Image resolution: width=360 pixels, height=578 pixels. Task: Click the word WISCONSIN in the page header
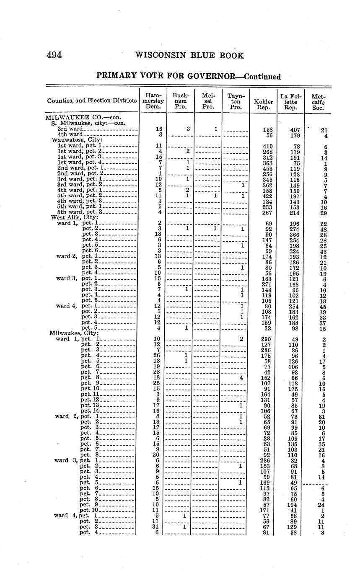click(x=161, y=55)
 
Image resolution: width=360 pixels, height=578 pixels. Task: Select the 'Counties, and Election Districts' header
click(x=92, y=101)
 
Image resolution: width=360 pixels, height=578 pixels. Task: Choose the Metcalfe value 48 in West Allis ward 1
click(x=323, y=229)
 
